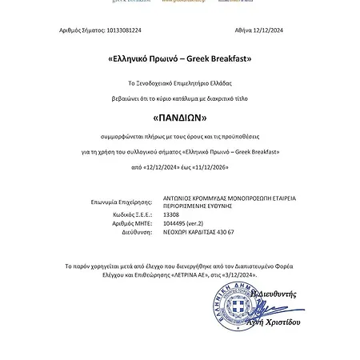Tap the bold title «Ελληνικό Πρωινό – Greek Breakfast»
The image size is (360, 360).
179,59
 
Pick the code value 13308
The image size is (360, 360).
172,215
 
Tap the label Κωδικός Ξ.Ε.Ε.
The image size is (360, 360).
130,215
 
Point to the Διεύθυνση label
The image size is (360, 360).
136,232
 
